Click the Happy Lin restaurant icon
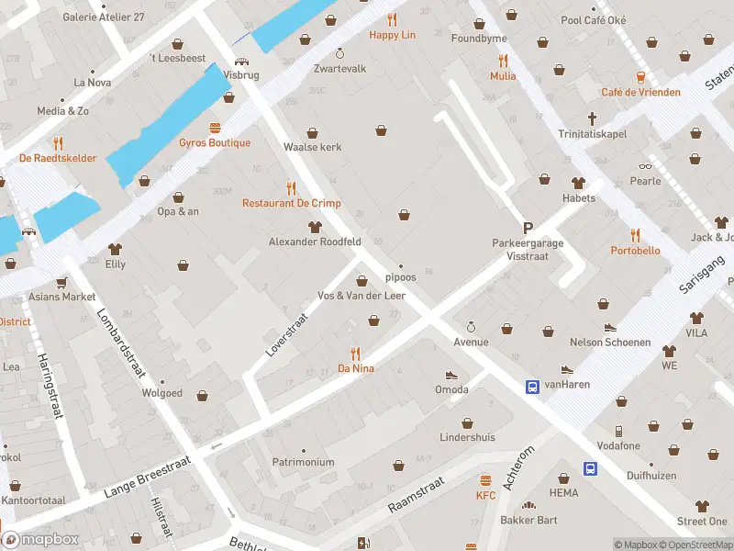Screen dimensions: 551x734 tap(393, 19)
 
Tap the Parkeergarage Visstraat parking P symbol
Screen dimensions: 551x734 tap(528, 228)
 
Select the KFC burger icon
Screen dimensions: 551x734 tap(485, 480)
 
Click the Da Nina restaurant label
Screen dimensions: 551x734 tap(355, 368)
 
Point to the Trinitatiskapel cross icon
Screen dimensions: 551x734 tap(593, 118)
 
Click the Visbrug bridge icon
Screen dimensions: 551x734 tap(240, 62)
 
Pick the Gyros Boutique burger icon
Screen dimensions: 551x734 tap(215, 128)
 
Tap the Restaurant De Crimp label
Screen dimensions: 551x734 tap(291, 203)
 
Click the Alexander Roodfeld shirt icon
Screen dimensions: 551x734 tap(315, 227)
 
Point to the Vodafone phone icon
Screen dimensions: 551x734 tap(619, 431)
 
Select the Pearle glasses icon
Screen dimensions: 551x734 tap(645, 166)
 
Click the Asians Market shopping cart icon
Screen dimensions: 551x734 tap(61, 282)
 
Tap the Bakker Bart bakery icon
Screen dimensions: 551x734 tap(528, 505)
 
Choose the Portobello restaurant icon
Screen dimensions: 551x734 tap(635, 235)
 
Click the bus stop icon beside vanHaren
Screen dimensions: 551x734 tap(531, 387)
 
